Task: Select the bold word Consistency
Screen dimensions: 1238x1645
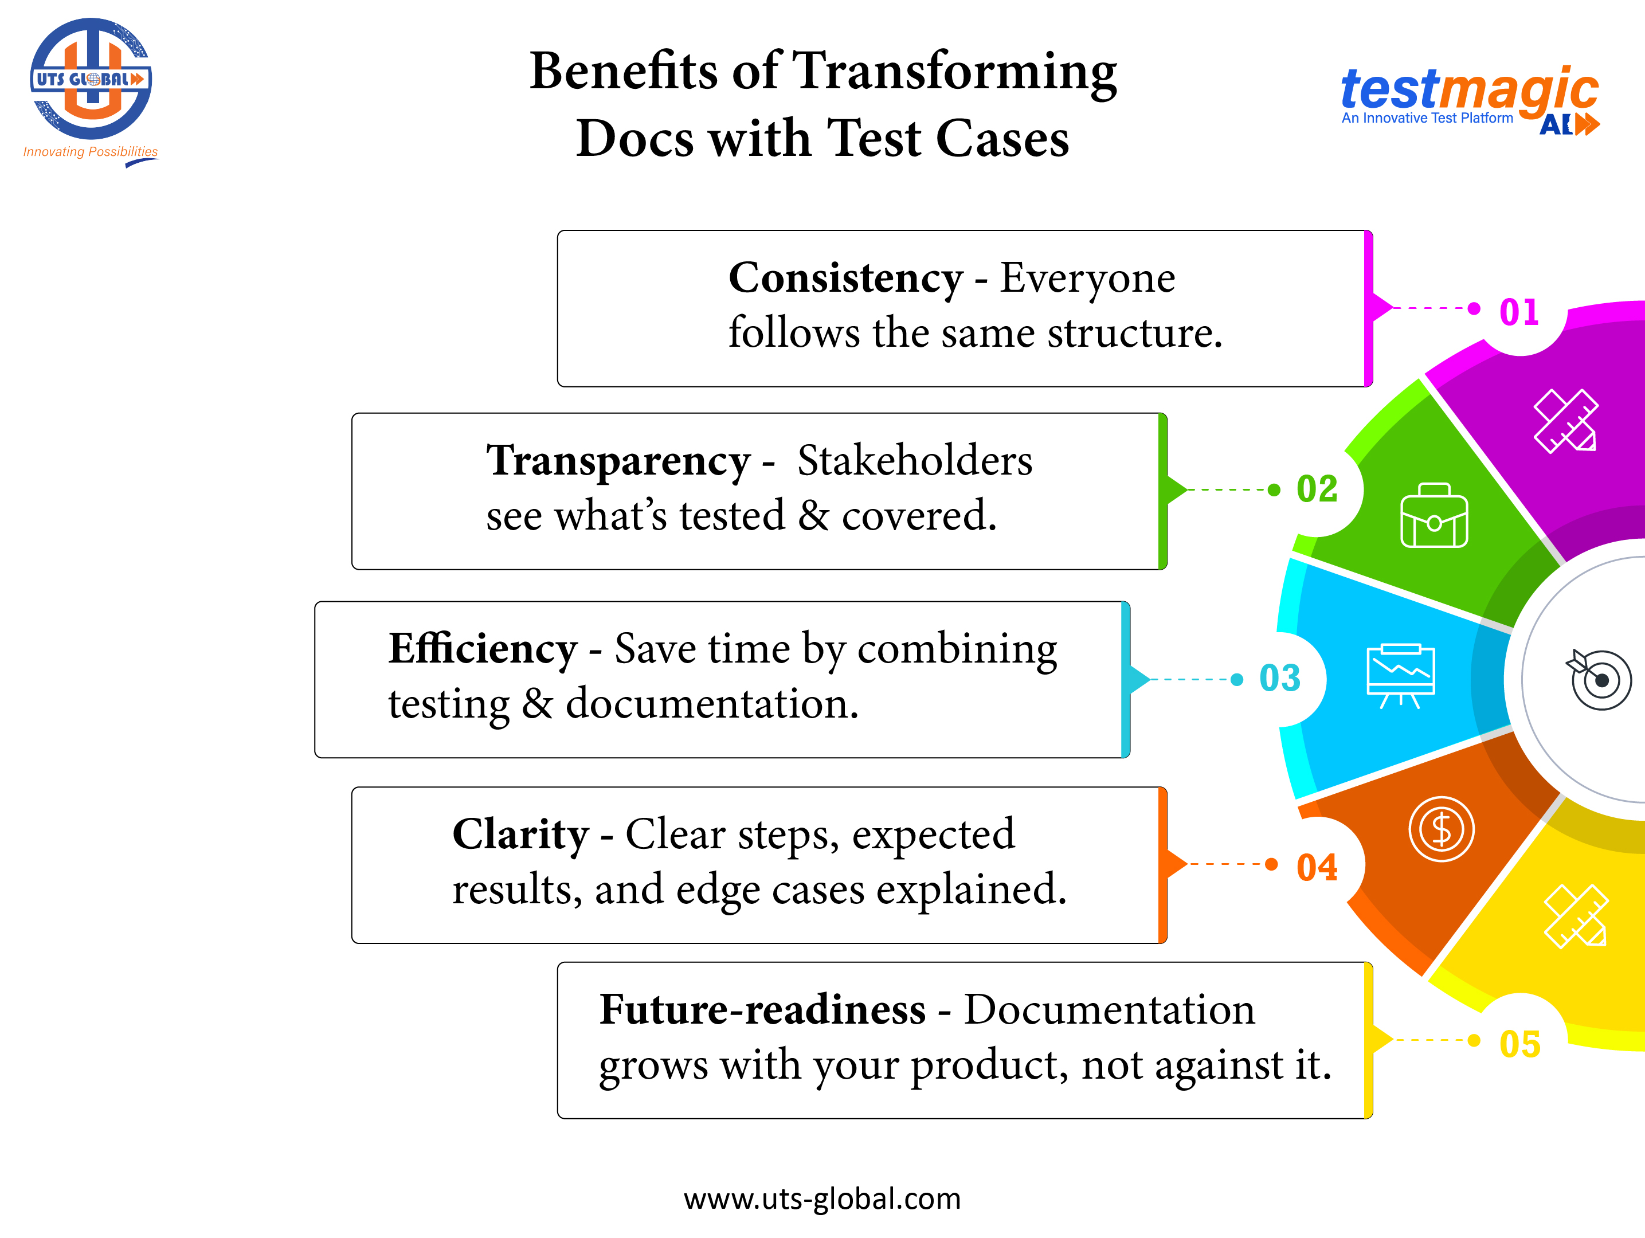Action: click(845, 278)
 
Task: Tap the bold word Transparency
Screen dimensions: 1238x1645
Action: click(618, 461)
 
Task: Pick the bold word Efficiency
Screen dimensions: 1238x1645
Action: click(483, 649)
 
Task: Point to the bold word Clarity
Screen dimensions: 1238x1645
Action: click(520, 835)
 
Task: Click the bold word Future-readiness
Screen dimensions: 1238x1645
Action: click(762, 1010)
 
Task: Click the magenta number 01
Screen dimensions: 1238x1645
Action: click(1518, 312)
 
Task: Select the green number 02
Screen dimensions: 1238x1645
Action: click(1317, 489)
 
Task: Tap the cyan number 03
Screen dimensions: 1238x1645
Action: click(1279, 678)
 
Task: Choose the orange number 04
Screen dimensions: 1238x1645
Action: click(1317, 867)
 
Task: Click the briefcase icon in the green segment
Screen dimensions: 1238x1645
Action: click(1434, 516)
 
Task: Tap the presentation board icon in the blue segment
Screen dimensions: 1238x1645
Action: click(1400, 675)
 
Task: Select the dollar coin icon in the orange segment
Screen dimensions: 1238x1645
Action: click(1440, 829)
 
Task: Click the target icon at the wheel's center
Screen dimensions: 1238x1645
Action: click(1600, 679)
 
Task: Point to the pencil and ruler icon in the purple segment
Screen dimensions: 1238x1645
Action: click(1565, 421)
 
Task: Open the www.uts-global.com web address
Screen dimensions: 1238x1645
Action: click(822, 1198)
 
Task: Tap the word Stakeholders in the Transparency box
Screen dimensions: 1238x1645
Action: click(914, 461)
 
